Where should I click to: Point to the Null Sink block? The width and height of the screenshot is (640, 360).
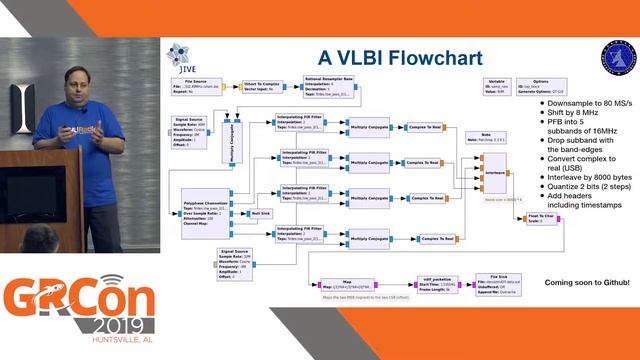pyautogui.click(x=260, y=213)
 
